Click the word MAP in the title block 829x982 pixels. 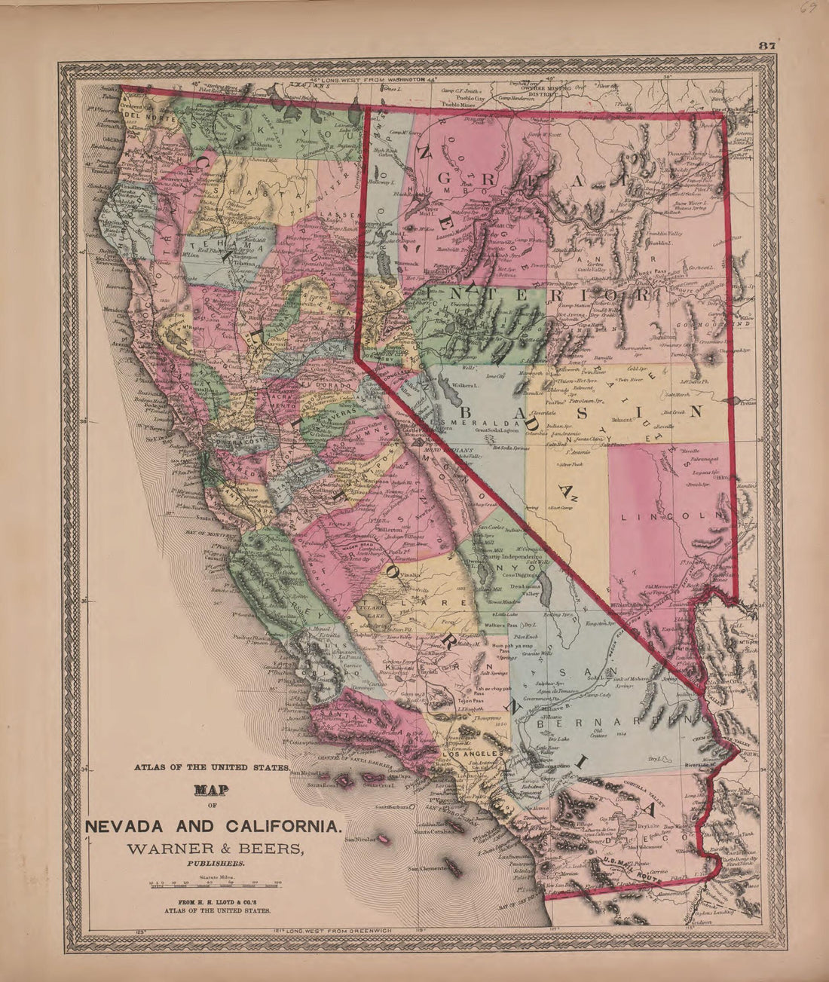click(x=212, y=791)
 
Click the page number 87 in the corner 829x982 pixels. click(x=767, y=45)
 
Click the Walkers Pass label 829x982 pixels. click(x=505, y=625)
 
